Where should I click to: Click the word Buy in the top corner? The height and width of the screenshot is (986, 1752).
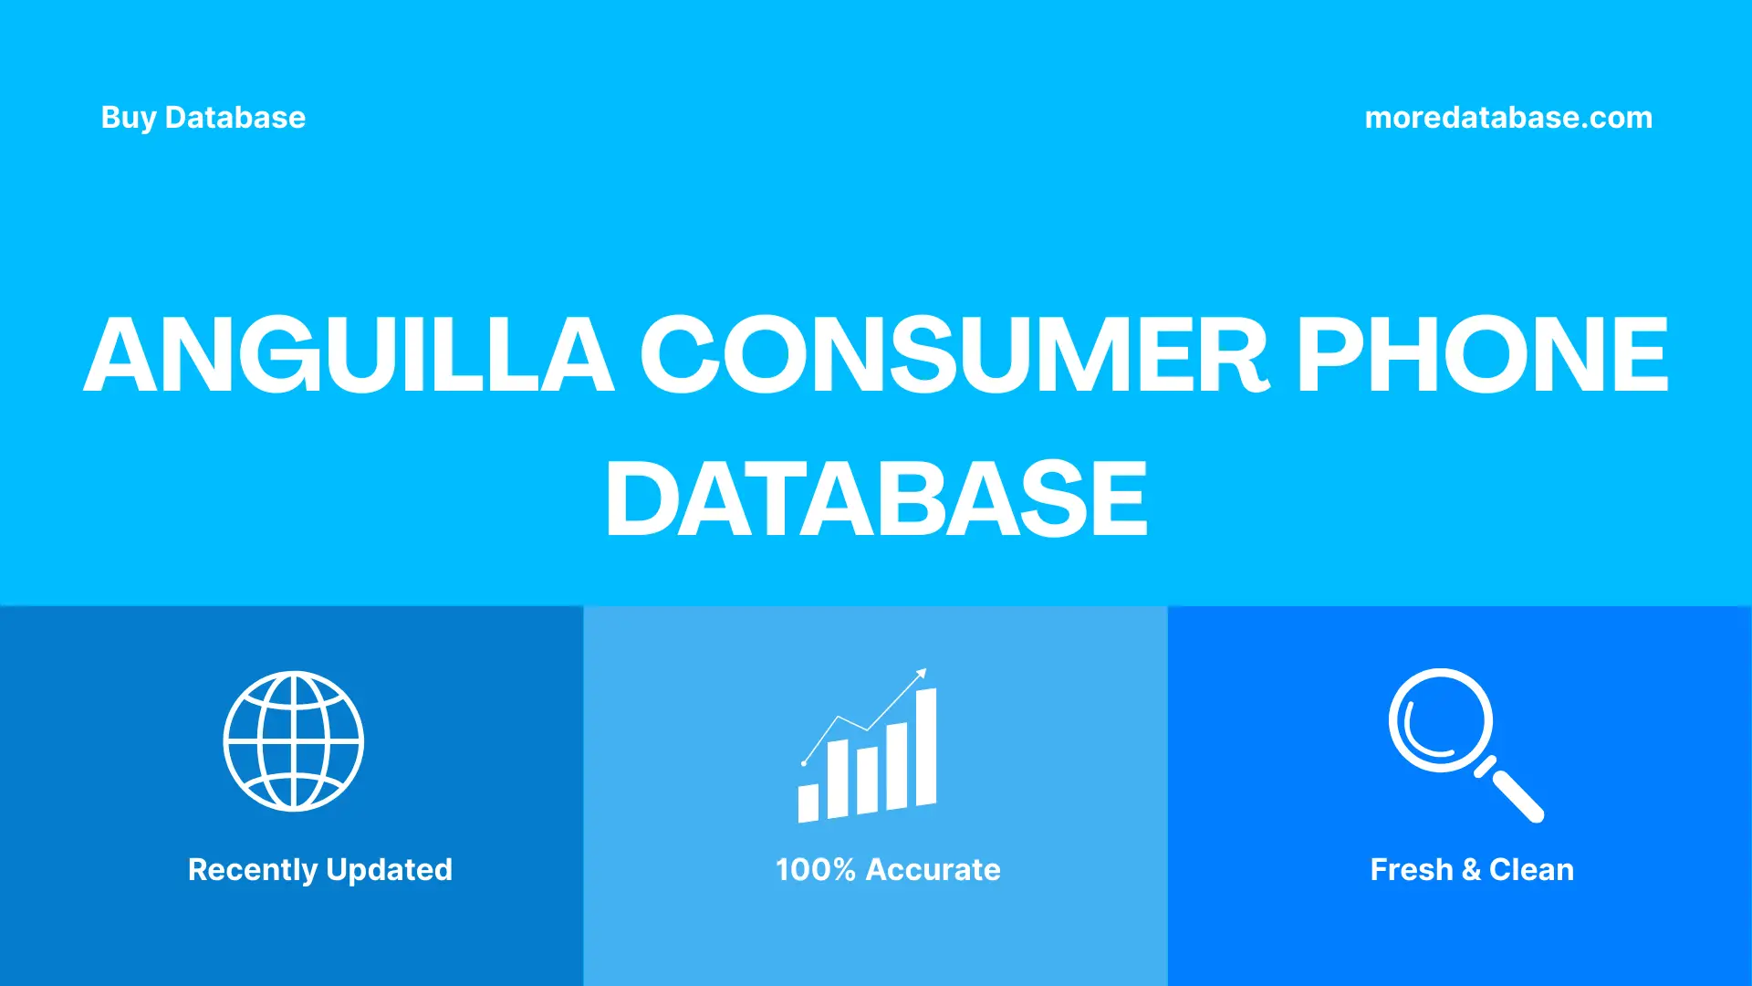click(x=129, y=118)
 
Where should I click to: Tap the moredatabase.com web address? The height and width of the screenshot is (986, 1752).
click(x=1508, y=118)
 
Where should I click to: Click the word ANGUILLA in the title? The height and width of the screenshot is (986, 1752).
click(x=349, y=355)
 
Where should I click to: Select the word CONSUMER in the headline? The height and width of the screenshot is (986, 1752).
click(x=954, y=355)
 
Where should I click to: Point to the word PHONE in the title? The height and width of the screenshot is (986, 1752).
click(x=1482, y=355)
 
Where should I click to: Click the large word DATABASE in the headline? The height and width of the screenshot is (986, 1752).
click(x=876, y=498)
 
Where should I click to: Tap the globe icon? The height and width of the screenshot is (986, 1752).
click(x=294, y=741)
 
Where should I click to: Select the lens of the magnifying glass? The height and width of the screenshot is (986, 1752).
click(x=1440, y=720)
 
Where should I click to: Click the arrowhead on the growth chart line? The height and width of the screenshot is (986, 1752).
click(x=922, y=674)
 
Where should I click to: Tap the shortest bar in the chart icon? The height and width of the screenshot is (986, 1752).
click(x=808, y=802)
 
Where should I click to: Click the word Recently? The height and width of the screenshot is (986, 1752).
click(x=253, y=870)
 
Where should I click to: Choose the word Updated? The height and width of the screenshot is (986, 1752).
click(x=389, y=870)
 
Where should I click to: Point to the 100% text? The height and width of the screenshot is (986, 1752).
click(x=816, y=870)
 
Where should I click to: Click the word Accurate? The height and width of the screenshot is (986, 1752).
click(x=933, y=870)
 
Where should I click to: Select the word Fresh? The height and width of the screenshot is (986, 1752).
click(x=1411, y=870)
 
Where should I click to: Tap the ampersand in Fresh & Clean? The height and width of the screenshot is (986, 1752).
click(x=1471, y=870)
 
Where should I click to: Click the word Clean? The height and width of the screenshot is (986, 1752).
click(x=1531, y=870)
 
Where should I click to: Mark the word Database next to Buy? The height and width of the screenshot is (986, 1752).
click(x=235, y=118)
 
